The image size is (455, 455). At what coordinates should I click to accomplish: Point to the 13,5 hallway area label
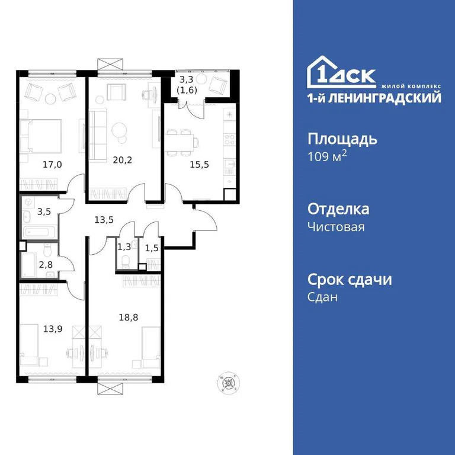tap(104, 219)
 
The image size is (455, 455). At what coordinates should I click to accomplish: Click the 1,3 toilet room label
tap(124, 246)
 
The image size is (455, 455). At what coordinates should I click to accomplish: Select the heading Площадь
tap(342, 140)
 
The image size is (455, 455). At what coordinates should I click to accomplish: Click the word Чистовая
tap(336, 227)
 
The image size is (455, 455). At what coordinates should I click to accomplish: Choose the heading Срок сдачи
tap(350, 280)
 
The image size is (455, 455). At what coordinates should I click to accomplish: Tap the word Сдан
tap(322, 297)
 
